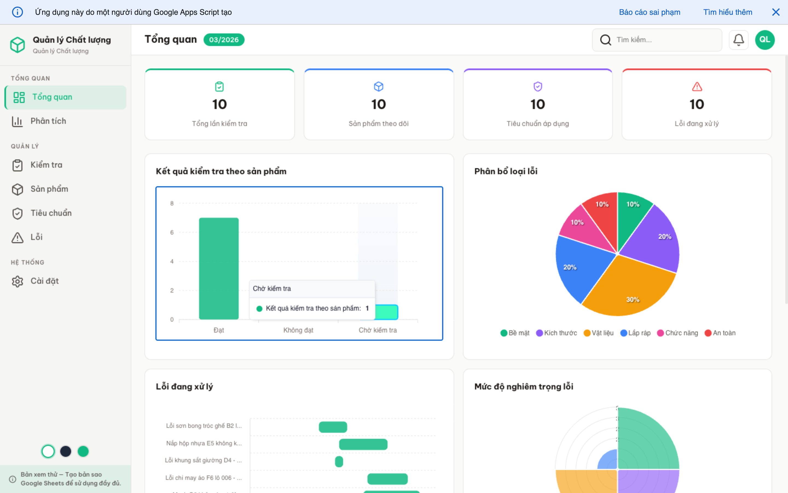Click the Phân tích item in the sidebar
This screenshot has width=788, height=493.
tap(48, 121)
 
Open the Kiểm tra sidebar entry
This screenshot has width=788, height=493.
tap(46, 165)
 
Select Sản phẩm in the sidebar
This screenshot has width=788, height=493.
tap(49, 189)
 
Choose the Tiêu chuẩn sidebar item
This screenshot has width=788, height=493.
tap(51, 213)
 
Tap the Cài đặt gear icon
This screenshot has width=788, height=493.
tap(18, 281)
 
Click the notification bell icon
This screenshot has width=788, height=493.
tap(738, 40)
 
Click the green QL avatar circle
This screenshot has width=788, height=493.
tap(764, 40)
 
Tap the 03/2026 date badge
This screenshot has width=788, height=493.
tap(224, 40)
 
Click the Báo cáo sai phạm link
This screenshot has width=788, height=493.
tap(649, 12)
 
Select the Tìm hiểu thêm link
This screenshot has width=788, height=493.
tap(728, 12)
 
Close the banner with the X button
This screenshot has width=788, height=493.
tap(776, 12)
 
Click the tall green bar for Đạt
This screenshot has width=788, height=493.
tap(219, 268)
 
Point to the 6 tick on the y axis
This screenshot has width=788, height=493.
tap(172, 233)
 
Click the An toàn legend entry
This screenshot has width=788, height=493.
tap(720, 333)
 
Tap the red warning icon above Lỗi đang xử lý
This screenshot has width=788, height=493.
tap(697, 87)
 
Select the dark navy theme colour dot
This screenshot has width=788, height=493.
tap(66, 451)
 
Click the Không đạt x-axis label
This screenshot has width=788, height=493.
tap(298, 330)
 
